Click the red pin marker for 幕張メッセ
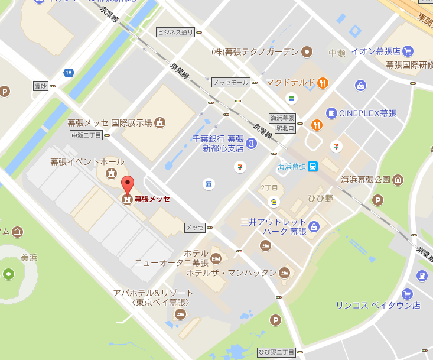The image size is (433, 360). click(x=127, y=184)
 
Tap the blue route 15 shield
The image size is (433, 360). click(x=69, y=73)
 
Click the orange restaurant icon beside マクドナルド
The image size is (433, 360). click(x=323, y=82)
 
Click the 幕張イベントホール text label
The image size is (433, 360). click(x=87, y=161)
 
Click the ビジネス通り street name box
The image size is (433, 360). click(x=175, y=32)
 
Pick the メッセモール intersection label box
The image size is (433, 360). click(x=231, y=82)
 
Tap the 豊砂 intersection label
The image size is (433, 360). click(x=41, y=86)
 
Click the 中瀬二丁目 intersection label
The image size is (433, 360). click(x=86, y=135)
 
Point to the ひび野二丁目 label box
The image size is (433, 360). click(x=276, y=352)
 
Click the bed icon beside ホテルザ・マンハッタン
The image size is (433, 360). click(x=284, y=273)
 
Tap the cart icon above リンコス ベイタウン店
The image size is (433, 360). click(x=406, y=294)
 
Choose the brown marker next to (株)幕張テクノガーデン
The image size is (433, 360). click(x=307, y=52)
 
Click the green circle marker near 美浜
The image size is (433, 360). click(x=8, y=274)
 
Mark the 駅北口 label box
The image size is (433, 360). click(x=285, y=128)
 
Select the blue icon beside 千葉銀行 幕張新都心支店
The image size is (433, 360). click(x=252, y=143)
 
